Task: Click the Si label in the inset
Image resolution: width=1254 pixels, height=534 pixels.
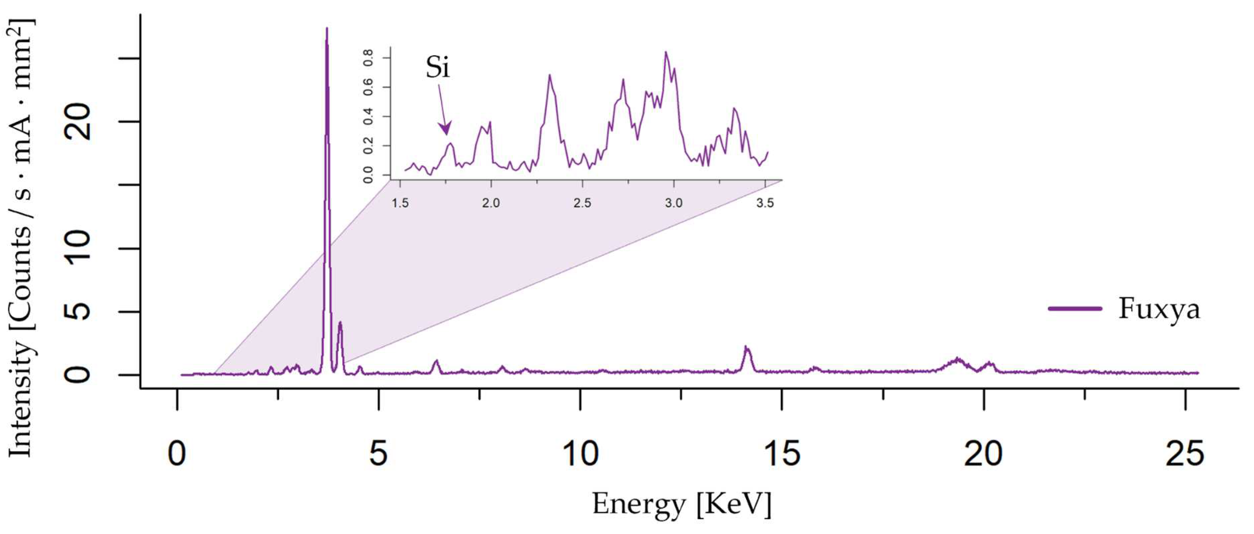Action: [437, 67]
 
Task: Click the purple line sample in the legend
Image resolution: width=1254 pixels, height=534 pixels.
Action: [1075, 309]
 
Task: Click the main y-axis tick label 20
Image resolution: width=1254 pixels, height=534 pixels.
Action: [78, 122]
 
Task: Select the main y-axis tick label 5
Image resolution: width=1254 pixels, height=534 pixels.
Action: [78, 311]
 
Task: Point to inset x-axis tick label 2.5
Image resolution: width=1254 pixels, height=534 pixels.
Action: [582, 203]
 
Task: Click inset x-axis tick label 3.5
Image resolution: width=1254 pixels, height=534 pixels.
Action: [765, 203]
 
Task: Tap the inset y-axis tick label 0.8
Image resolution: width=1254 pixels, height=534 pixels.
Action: [368, 58]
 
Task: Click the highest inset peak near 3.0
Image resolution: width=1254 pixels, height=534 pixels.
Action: [666, 52]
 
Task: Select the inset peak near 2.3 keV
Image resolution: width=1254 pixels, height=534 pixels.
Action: [549, 75]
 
